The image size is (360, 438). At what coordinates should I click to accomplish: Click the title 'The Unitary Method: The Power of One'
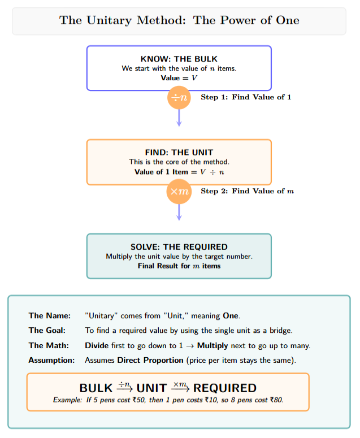click(x=179, y=21)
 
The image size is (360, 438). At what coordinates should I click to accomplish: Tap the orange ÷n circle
click(x=179, y=98)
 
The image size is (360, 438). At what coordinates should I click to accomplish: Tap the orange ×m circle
click(x=179, y=192)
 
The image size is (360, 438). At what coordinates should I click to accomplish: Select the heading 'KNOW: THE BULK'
click(x=179, y=59)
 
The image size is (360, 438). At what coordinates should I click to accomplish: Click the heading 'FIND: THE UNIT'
click(x=179, y=153)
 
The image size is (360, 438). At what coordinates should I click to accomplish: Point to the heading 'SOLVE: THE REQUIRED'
click(x=179, y=247)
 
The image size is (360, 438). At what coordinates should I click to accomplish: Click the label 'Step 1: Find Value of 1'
click(x=246, y=97)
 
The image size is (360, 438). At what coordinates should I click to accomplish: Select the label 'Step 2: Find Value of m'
click(x=247, y=191)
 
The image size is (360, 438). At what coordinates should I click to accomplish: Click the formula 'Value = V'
click(x=179, y=78)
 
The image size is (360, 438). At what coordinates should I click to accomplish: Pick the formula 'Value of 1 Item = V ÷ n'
click(x=179, y=172)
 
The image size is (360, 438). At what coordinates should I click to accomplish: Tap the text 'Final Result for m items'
click(x=179, y=266)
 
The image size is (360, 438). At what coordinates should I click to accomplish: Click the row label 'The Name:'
click(x=50, y=315)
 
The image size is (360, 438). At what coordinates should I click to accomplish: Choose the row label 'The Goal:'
click(x=49, y=330)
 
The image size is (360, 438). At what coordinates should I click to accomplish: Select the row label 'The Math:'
click(x=49, y=345)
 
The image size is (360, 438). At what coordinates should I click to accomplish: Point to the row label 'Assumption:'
click(x=51, y=360)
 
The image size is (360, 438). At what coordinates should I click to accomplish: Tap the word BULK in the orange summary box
click(x=96, y=388)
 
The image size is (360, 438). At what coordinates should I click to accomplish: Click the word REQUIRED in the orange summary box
click(x=225, y=388)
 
